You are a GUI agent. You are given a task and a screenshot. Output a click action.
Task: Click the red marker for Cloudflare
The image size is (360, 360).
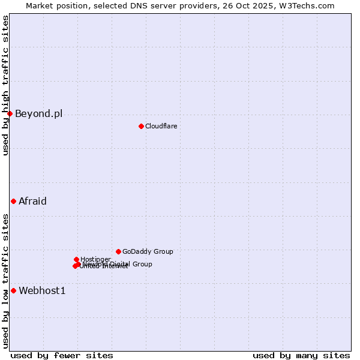pyautogui.click(x=141, y=126)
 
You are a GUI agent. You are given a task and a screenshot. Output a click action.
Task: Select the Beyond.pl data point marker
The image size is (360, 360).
pyautogui.click(x=10, y=113)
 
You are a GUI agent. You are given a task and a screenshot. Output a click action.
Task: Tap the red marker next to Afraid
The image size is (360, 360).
pyautogui.click(x=13, y=201)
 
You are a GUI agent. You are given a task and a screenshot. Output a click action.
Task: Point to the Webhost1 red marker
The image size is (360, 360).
pyautogui.click(x=13, y=290)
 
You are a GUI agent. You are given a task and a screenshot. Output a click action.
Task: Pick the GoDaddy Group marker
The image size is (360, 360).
pyautogui.click(x=118, y=251)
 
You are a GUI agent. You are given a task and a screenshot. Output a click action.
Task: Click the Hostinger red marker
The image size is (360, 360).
pyautogui.click(x=76, y=259)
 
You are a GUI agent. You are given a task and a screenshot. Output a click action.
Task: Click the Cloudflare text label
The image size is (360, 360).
pyautogui.click(x=161, y=126)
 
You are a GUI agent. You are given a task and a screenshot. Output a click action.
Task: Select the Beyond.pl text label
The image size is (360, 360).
pyautogui.click(x=38, y=113)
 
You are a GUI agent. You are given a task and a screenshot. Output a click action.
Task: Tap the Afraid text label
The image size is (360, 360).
pyautogui.click(x=32, y=201)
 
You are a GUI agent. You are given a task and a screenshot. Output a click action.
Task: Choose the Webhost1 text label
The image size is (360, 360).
pyautogui.click(x=42, y=291)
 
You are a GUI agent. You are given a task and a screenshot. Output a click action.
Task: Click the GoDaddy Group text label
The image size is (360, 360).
pyautogui.click(x=148, y=251)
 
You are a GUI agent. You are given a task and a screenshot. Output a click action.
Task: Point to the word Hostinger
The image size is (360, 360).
pyautogui.click(x=95, y=259)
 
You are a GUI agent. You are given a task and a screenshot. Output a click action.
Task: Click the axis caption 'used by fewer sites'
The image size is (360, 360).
pyautogui.click(x=62, y=355)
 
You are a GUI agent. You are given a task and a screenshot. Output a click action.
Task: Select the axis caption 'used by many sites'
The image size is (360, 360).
pyautogui.click(x=301, y=355)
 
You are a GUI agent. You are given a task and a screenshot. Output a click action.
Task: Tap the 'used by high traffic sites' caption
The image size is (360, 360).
pyautogui.click(x=5, y=86)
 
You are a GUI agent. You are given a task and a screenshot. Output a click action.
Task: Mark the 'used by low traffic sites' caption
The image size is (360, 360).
pyautogui.click(x=5, y=281)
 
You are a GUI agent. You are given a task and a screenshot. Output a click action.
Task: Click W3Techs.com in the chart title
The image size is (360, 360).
pyautogui.click(x=309, y=5)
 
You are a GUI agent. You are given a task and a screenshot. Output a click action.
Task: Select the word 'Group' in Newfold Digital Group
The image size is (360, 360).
pyautogui.click(x=142, y=264)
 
